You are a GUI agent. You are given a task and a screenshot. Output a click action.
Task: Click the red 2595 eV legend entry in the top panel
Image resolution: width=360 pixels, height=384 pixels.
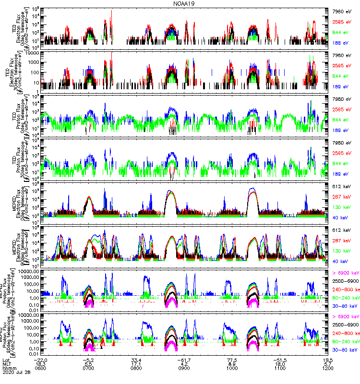(343, 22)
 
